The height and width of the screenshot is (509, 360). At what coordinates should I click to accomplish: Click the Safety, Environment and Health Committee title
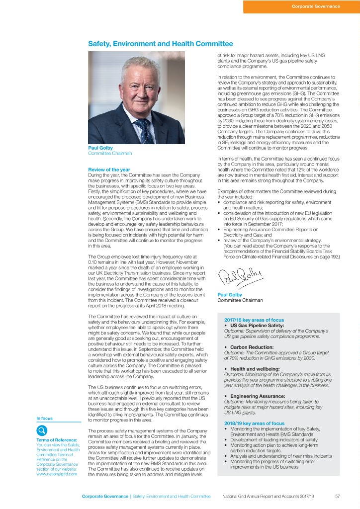[160, 44]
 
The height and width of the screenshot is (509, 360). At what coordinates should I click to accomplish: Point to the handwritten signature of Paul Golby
[241, 274]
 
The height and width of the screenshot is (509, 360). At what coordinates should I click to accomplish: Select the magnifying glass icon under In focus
[43, 430]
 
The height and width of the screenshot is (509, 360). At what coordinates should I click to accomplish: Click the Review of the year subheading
[109, 170]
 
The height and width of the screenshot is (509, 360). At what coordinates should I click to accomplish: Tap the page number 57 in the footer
[337, 496]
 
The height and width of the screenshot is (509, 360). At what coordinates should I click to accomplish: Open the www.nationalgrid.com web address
[57, 474]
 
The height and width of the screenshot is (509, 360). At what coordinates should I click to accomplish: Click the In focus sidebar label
[45, 419]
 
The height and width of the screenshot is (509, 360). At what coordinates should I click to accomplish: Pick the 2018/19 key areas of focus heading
[254, 424]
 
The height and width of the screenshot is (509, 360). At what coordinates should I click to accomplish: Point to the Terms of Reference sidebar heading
[57, 440]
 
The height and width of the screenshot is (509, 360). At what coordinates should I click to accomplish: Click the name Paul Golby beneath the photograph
[100, 148]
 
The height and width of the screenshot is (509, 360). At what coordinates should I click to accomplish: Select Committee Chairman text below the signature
[240, 300]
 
